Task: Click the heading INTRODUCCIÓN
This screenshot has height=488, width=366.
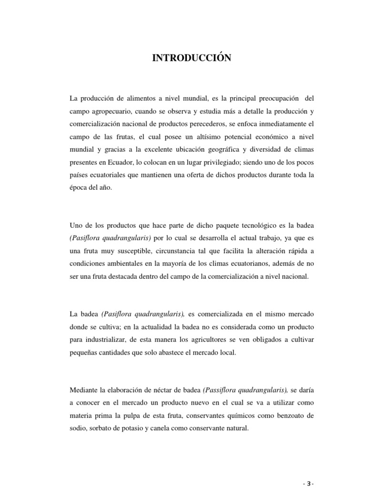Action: tap(192, 58)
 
